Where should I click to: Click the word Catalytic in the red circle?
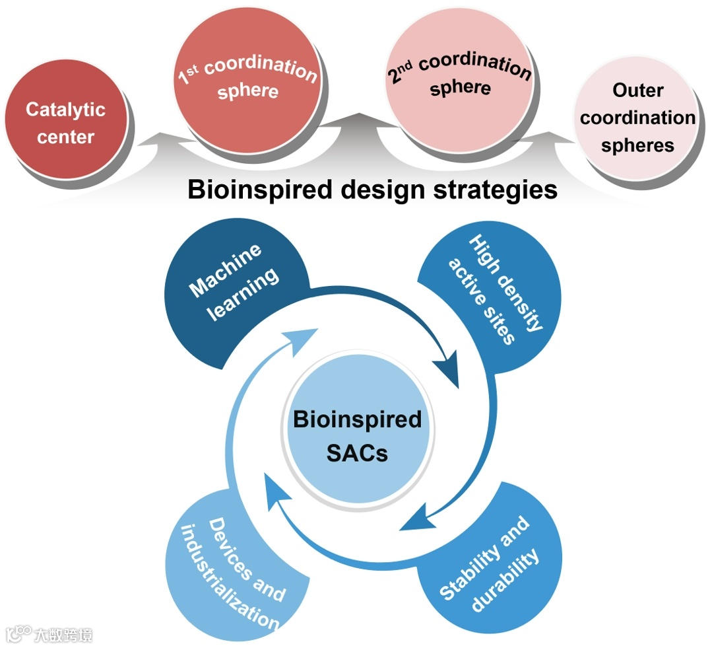coord(65,110)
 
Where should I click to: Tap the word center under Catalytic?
coord(65,137)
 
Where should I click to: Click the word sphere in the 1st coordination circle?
coord(248,91)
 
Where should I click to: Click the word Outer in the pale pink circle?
coord(637,90)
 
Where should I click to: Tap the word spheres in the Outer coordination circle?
coord(637,145)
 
